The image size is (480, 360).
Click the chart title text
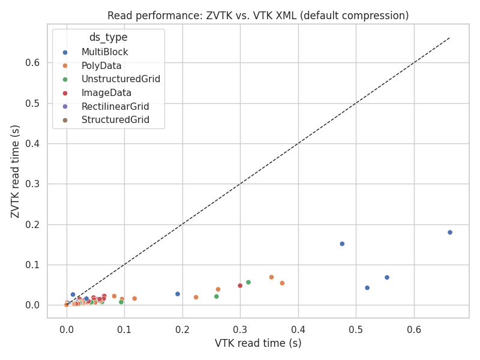(258, 16)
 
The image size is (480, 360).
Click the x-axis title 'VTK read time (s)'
(258, 343)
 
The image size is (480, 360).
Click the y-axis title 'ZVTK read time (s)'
(16, 171)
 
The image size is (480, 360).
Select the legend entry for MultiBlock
(105, 52)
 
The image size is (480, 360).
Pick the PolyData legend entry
(101, 66)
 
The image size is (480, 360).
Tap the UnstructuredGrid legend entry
(121, 79)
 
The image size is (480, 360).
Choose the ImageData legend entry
(106, 93)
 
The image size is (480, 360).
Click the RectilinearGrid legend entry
(115, 107)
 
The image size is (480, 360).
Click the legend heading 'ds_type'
(108, 37)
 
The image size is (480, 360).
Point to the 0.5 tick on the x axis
(356, 329)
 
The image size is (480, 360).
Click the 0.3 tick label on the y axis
(32, 184)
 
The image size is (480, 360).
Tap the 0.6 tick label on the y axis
(32, 63)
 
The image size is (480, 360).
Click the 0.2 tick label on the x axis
(182, 329)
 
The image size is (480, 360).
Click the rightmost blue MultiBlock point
(450, 232)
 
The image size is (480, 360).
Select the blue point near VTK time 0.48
(342, 244)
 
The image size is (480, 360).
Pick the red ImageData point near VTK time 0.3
(240, 286)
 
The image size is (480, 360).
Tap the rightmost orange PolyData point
(282, 283)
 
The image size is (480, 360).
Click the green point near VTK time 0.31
(248, 282)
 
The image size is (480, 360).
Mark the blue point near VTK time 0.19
(178, 294)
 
